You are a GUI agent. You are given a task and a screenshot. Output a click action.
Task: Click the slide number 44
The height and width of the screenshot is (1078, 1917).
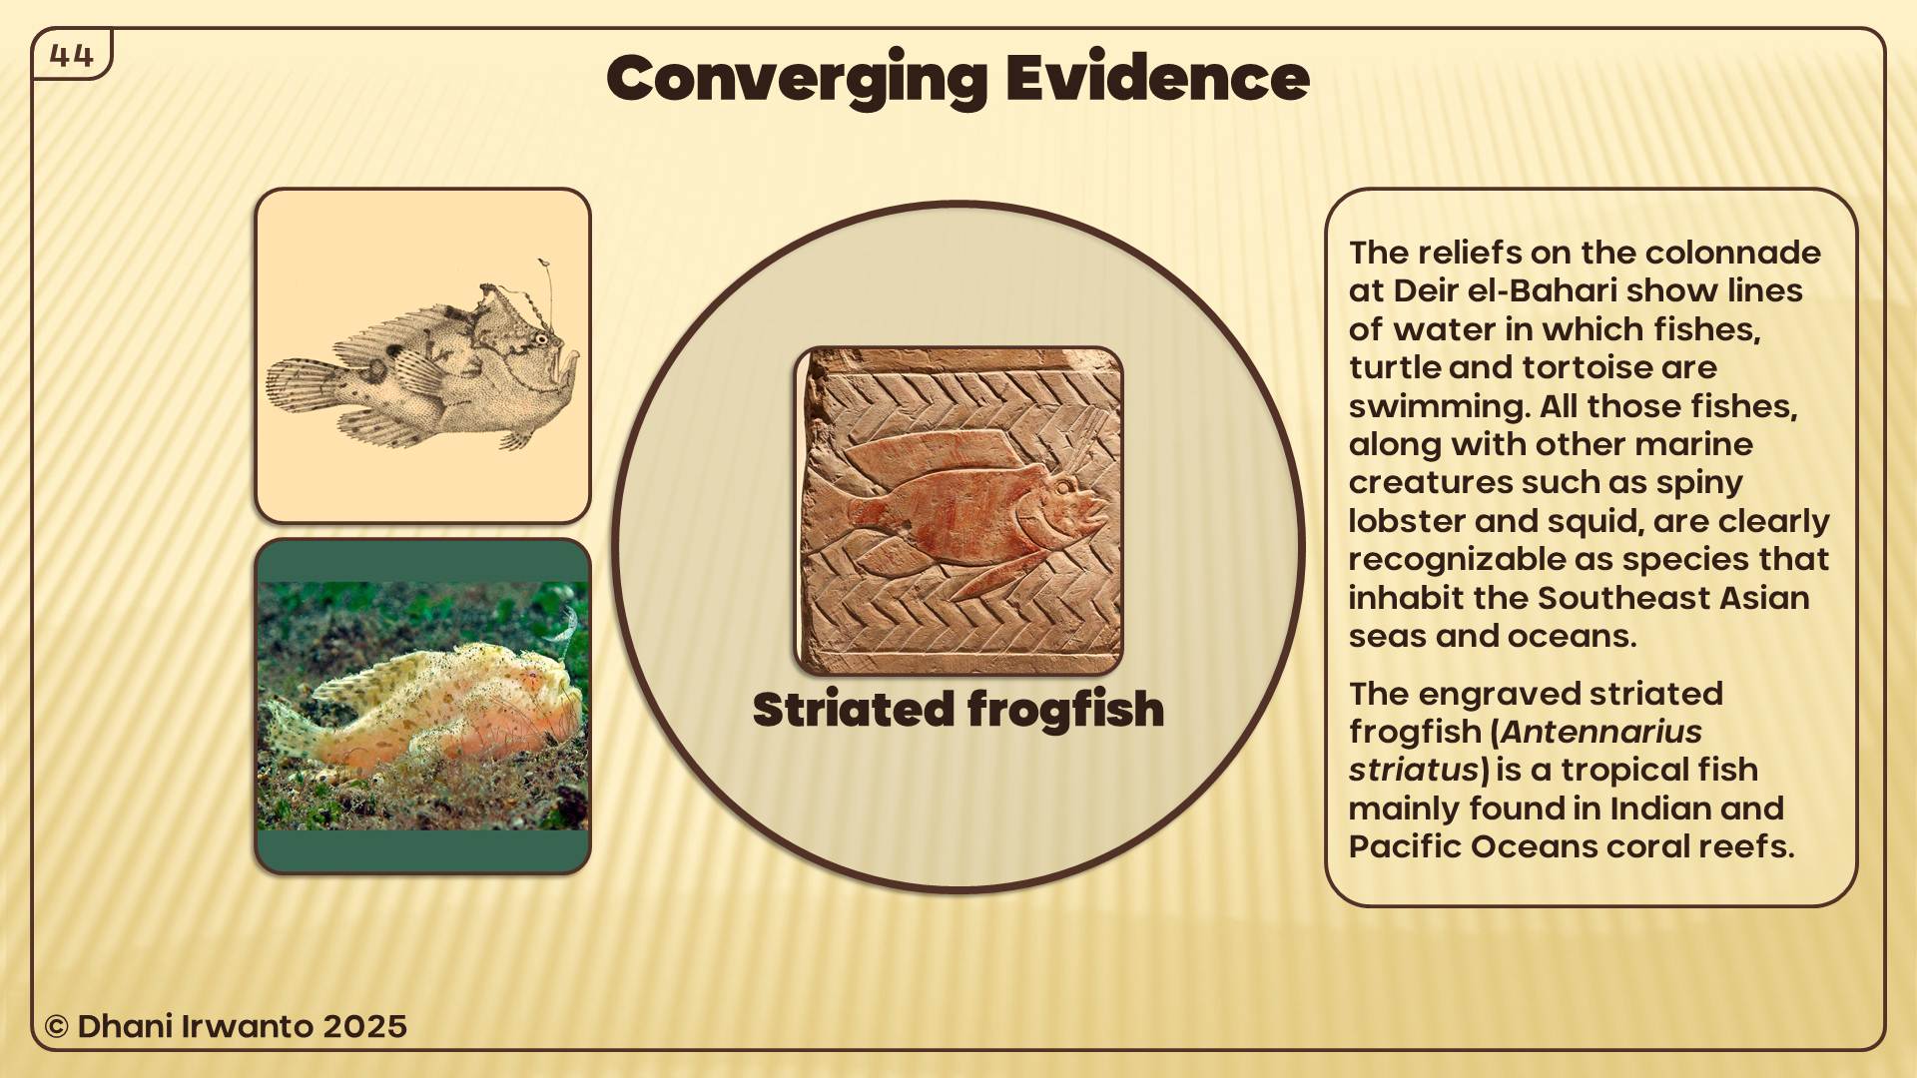click(71, 55)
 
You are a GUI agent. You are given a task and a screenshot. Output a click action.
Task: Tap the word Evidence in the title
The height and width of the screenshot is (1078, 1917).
click(1157, 77)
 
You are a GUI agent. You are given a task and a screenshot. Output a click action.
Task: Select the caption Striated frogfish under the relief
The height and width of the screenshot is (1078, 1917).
click(958, 710)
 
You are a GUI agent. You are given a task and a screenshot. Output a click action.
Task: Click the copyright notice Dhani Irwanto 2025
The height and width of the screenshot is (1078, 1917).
click(226, 1026)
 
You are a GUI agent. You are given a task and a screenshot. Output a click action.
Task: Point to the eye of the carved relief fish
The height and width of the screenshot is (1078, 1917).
click(1065, 488)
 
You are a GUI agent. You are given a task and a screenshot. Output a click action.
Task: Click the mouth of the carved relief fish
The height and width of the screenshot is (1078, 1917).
click(1096, 514)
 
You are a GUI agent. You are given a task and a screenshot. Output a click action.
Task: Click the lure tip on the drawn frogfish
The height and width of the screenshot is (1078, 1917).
click(543, 264)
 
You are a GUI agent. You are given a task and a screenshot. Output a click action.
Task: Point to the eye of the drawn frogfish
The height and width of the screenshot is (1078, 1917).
click(541, 339)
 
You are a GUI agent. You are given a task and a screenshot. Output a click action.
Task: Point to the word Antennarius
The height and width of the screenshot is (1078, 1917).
click(1600, 732)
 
